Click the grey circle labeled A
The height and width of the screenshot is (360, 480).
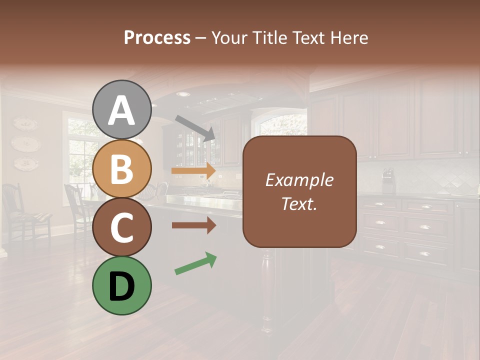click(121, 109)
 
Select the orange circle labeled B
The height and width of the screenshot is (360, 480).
click(121, 168)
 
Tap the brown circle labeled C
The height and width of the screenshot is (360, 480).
click(121, 227)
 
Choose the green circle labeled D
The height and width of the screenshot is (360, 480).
click(121, 285)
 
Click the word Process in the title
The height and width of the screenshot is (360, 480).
click(157, 37)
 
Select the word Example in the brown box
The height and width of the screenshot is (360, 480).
click(299, 180)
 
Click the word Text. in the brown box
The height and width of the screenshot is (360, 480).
click(299, 203)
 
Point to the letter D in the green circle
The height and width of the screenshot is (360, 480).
click(121, 287)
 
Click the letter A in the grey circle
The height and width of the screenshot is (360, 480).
click(121, 110)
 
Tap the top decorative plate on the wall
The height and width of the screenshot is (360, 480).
click(25, 123)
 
